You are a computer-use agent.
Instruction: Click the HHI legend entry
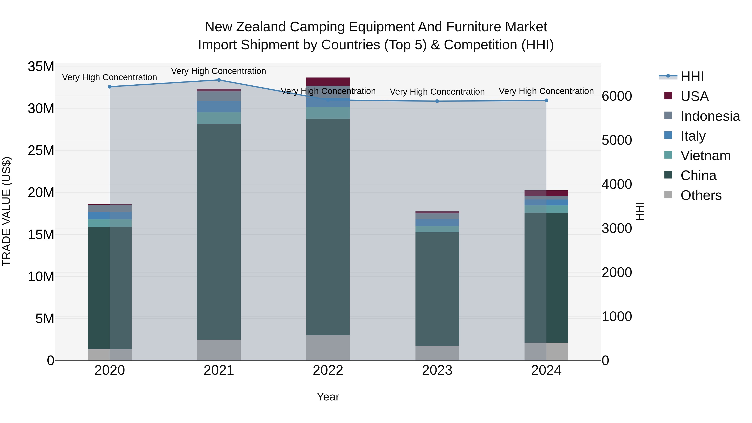pyautogui.click(x=692, y=76)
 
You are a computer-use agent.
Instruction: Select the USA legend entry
pyautogui.click(x=694, y=96)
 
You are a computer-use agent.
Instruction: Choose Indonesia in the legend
pyautogui.click(x=710, y=116)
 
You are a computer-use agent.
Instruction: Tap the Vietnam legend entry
pyautogui.click(x=705, y=156)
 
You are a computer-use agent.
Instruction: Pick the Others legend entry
pyautogui.click(x=701, y=195)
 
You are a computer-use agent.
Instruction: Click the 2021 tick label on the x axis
pyautogui.click(x=219, y=370)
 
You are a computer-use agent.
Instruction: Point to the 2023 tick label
pyautogui.click(x=437, y=370)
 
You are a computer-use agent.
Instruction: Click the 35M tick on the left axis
pyautogui.click(x=41, y=67)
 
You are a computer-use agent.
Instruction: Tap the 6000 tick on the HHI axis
pyautogui.click(x=617, y=96)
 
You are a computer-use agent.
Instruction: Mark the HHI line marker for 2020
pyautogui.click(x=110, y=87)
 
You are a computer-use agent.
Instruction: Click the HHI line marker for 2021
pyautogui.click(x=219, y=80)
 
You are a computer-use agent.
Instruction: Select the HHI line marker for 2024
pyautogui.click(x=546, y=100)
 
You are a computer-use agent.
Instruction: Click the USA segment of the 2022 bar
pyautogui.click(x=328, y=81)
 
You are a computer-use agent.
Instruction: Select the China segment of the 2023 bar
pyautogui.click(x=437, y=289)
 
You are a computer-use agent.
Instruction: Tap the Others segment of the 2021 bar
pyautogui.click(x=219, y=350)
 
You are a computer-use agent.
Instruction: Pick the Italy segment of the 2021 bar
pyautogui.click(x=219, y=107)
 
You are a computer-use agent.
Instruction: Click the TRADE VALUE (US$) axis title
pyautogui.click(x=6, y=211)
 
